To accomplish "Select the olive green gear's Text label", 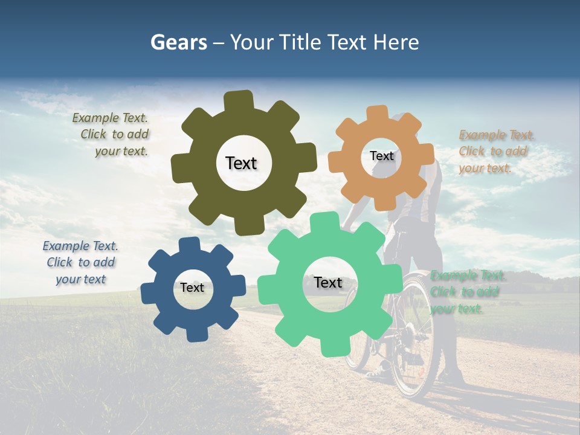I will click(241, 163).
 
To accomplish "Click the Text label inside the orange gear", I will click(381, 156).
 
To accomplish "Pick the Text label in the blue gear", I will click(192, 288).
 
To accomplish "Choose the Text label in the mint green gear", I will click(328, 282).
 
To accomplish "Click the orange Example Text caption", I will click(495, 152).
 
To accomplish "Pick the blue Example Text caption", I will click(80, 262).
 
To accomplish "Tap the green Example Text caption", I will click(466, 292).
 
